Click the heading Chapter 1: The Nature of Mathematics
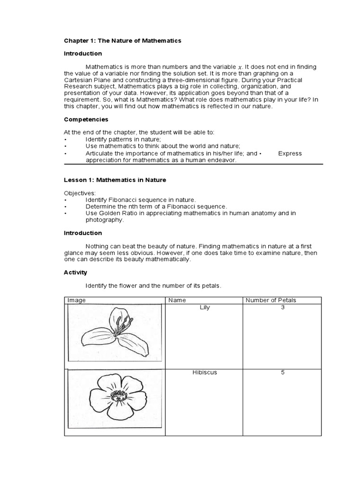(x=123, y=41)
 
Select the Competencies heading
(x=86, y=119)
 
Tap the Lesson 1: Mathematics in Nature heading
(x=115, y=180)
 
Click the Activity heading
(x=76, y=272)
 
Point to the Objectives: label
(x=80, y=193)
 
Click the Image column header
(x=77, y=300)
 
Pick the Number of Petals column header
(x=270, y=300)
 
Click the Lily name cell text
(x=205, y=307)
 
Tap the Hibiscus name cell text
(x=205, y=372)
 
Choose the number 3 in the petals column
(x=282, y=307)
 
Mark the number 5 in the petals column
(x=282, y=372)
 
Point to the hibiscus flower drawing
(x=114, y=395)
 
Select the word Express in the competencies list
(x=290, y=153)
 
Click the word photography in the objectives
(x=104, y=220)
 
